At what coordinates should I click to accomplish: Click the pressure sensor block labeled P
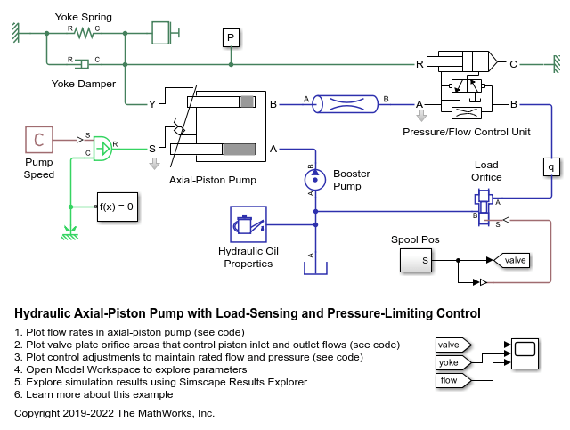(x=231, y=37)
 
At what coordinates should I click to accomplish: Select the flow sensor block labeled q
(x=550, y=165)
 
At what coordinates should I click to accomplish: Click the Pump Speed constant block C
(x=38, y=139)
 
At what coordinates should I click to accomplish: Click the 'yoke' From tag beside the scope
(x=453, y=362)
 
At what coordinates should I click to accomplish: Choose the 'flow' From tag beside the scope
(x=453, y=381)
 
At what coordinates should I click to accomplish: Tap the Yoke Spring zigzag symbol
(x=84, y=34)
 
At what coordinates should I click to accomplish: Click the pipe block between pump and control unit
(x=351, y=105)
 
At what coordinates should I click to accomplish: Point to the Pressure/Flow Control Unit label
(x=466, y=132)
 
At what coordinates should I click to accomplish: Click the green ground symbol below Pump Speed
(x=68, y=234)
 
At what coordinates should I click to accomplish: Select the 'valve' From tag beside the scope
(x=453, y=345)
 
